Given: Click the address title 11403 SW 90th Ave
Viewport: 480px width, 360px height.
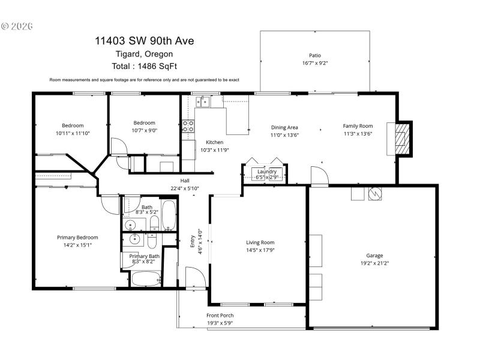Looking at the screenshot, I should click(144, 41).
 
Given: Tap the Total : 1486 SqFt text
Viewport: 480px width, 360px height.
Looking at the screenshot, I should click(144, 66).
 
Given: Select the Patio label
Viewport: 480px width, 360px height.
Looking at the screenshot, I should click(315, 55).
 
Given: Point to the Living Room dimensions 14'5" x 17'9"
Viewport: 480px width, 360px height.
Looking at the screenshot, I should click(260, 250).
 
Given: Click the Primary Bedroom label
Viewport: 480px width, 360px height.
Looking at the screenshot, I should click(77, 237).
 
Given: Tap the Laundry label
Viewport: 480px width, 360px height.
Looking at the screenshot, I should click(267, 172).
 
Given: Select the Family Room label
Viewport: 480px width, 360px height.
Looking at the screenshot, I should click(358, 126).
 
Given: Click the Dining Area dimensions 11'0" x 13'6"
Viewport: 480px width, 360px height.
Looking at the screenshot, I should click(284, 135).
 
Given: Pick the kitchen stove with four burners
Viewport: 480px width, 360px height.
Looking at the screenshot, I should click(188, 126).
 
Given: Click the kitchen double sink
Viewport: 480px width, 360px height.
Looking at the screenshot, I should click(203, 101).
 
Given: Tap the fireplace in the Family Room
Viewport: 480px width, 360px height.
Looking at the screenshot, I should click(400, 139).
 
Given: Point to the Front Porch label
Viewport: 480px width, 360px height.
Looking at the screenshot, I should click(220, 316).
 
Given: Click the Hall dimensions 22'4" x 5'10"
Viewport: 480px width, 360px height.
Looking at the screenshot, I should click(185, 188).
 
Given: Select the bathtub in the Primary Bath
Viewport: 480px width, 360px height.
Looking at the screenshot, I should click(145, 279).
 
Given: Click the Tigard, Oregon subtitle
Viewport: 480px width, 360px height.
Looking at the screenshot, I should click(144, 54).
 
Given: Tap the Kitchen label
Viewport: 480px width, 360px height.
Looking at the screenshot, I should click(214, 142).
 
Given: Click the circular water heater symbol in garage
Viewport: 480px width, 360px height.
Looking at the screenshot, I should click(374, 194).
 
